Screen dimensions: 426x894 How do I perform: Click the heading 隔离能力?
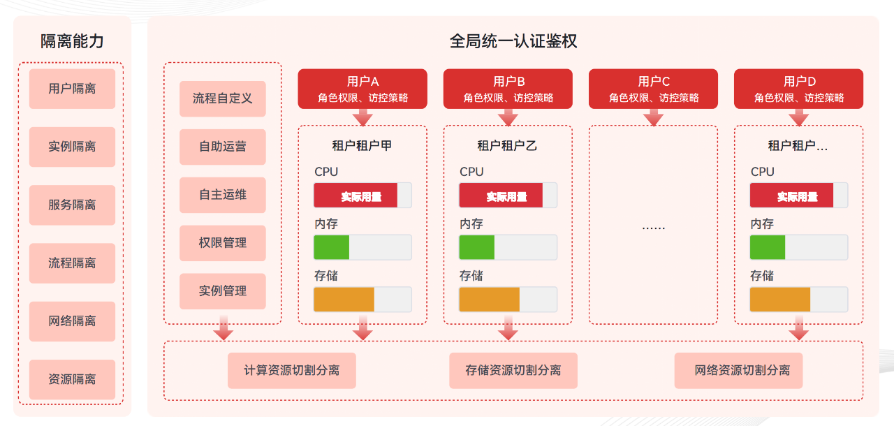tap(72, 41)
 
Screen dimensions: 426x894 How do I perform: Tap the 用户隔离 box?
tap(72, 89)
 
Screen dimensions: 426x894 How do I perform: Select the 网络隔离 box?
tap(72, 321)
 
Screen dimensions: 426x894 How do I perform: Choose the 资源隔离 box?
tap(72, 379)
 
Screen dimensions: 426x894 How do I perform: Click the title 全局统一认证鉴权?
tap(513, 41)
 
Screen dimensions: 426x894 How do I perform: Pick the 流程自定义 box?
tap(222, 98)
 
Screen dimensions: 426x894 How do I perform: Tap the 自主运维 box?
tap(222, 195)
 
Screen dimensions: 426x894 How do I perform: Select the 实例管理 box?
tap(222, 291)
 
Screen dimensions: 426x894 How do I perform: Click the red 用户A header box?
tap(362, 89)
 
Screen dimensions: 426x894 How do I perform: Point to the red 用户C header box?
tap(653, 89)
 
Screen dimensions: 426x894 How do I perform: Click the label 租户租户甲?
tap(362, 146)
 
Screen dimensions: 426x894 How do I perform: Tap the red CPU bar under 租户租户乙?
tap(501, 196)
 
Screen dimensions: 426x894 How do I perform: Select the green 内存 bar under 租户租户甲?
tap(332, 247)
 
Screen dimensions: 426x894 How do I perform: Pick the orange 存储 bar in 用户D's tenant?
tap(780, 299)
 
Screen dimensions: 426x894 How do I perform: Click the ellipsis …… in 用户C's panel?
tap(653, 226)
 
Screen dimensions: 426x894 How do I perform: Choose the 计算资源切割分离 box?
tap(291, 370)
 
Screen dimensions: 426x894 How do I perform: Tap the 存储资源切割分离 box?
tap(513, 370)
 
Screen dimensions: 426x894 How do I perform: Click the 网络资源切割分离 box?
tap(738, 370)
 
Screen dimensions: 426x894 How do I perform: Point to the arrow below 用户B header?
tap(508, 117)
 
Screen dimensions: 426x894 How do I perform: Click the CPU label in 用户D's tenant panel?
tap(762, 172)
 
